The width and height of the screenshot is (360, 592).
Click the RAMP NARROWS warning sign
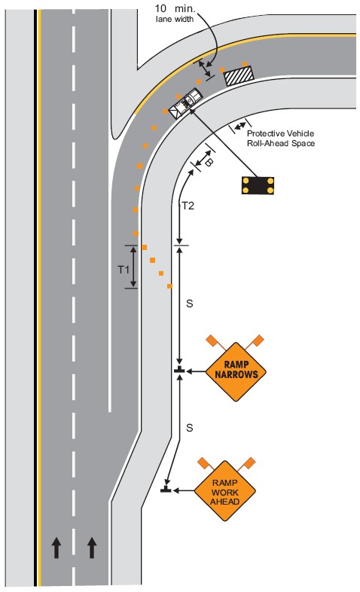pos(236,371)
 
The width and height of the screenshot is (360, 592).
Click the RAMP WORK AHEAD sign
pos(225,491)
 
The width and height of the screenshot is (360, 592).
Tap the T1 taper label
pos(124,270)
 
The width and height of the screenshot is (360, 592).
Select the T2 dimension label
pos(188,206)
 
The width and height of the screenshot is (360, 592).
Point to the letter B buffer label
pos(209,163)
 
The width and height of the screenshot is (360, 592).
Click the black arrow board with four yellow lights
pos(258,185)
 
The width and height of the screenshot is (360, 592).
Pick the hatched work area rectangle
pos(239,75)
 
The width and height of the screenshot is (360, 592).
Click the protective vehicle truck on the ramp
pos(185,103)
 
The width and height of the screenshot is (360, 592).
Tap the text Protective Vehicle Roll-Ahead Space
pos(280,138)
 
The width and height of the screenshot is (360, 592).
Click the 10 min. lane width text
pos(175,13)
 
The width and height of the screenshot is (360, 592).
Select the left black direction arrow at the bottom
pos(56,548)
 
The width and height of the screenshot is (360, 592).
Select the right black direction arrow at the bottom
pos(92,548)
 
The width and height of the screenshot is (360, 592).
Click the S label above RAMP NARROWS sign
pos(190,304)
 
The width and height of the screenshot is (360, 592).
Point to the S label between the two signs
pos(190,428)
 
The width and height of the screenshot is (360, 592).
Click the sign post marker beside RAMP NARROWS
pos(179,370)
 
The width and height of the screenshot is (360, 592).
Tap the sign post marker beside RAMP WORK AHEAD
pos(166,489)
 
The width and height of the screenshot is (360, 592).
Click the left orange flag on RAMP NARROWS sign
pos(212,340)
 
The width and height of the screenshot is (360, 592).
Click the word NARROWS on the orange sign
pos(236,375)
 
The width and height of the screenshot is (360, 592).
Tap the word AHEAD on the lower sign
pos(225,502)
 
